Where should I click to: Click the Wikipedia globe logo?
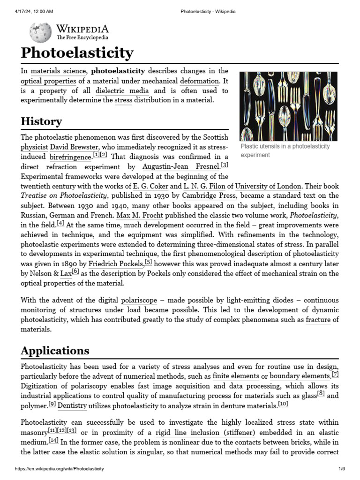[x=40, y=32]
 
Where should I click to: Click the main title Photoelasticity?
[x=77, y=52]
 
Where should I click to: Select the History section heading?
[x=41, y=121]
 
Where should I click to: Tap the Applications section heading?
[x=55, y=351]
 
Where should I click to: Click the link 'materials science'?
[x=59, y=71]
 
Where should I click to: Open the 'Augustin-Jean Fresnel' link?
[x=180, y=167]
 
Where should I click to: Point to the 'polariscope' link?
[x=139, y=300]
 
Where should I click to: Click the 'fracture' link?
[x=318, y=320]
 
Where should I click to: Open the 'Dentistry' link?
[x=72, y=405]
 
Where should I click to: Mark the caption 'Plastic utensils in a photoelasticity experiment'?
[x=285, y=150]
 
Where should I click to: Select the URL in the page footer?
[x=60, y=469]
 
